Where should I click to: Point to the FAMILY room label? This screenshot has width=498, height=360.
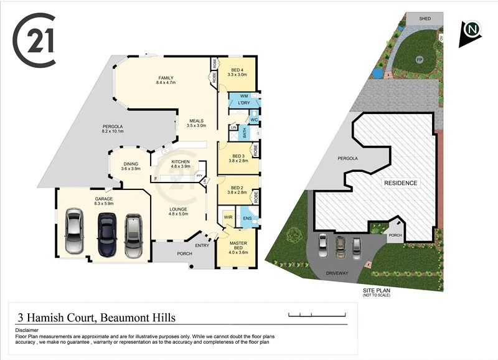pos(166,79)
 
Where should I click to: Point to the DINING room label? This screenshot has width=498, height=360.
pos(130,165)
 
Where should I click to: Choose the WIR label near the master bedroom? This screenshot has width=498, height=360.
pos(228,217)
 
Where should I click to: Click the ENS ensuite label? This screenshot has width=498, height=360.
pos(247,218)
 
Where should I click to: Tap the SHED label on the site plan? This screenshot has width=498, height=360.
pos(425,19)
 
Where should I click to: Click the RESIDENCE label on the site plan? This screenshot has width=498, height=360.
pos(400,183)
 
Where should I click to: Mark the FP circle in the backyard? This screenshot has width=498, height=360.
pos(420,60)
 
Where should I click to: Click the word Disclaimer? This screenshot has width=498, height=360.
pos(27,330)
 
